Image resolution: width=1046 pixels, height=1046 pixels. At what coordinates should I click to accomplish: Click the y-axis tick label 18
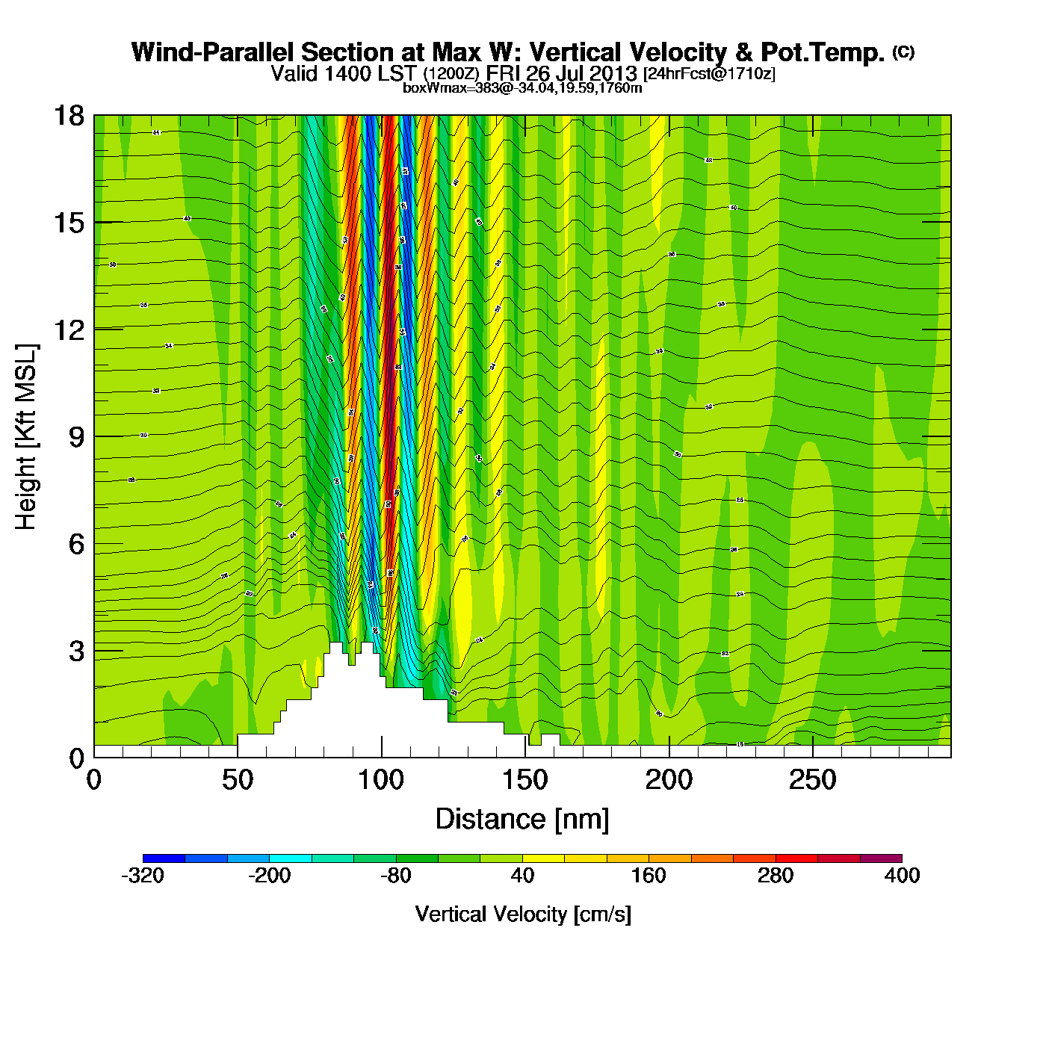click(x=68, y=116)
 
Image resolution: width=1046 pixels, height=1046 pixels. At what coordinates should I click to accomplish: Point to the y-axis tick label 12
click(x=68, y=329)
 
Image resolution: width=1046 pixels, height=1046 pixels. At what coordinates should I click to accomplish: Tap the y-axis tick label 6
click(x=76, y=544)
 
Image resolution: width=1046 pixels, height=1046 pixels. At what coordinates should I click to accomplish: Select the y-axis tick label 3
click(x=76, y=651)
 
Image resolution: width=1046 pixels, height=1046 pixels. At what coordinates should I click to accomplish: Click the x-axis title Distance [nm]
click(x=522, y=820)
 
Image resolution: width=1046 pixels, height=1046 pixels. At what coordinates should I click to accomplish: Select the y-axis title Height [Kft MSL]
click(x=26, y=437)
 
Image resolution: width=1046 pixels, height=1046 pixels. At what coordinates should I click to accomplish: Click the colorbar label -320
click(x=143, y=876)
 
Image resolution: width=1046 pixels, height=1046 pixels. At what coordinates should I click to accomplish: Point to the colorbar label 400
click(x=902, y=876)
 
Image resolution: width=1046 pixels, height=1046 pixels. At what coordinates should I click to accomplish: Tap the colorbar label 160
click(x=649, y=876)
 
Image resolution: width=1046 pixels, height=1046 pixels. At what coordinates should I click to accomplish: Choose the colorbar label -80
click(x=396, y=876)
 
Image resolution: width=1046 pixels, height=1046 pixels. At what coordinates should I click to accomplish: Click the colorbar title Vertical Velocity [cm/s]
click(x=523, y=915)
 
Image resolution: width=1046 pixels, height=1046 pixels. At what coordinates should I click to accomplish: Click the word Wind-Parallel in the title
click(x=213, y=53)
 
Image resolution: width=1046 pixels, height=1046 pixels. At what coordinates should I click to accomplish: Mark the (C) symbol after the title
click(x=903, y=52)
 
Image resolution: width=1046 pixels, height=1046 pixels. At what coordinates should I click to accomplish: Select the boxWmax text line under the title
click(x=522, y=88)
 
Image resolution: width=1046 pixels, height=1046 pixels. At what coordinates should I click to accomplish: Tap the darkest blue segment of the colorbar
click(x=164, y=858)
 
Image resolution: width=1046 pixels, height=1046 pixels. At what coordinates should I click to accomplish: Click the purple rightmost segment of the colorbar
click(x=881, y=858)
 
